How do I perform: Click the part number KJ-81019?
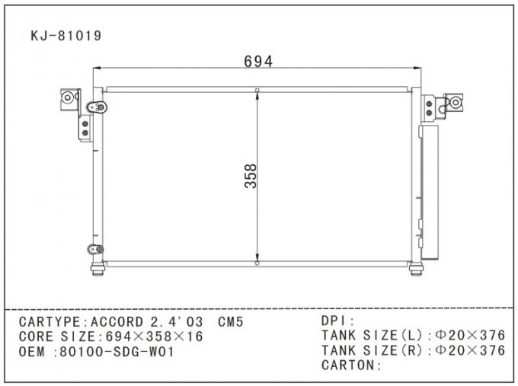(66, 35)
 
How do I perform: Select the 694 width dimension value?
(258, 62)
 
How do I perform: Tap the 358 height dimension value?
(251, 176)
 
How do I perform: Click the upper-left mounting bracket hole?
(68, 97)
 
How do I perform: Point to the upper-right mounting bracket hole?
(456, 102)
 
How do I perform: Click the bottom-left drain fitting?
(97, 269)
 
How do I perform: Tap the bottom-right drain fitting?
(416, 269)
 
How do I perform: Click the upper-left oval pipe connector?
(95, 107)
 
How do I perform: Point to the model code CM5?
(231, 322)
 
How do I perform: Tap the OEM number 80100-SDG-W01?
(119, 352)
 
